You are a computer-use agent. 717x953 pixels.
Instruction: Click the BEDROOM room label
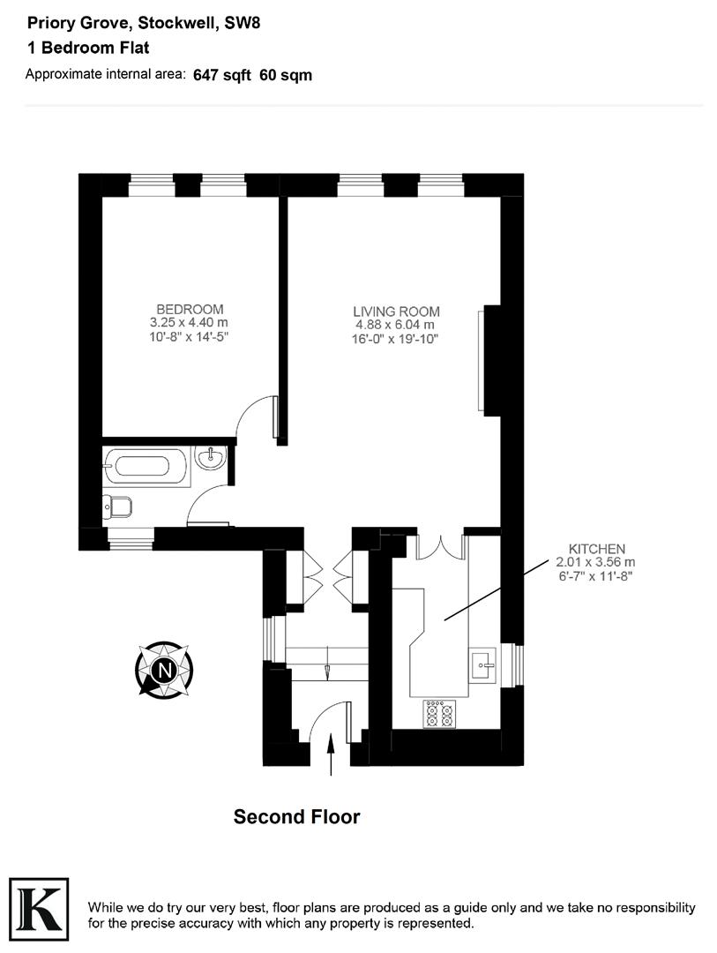click(190, 309)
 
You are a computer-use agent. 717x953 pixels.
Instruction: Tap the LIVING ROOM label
click(396, 311)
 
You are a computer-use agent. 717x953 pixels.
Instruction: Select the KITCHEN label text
click(597, 548)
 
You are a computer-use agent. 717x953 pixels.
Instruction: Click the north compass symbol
click(164, 671)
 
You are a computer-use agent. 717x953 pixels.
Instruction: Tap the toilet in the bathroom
click(117, 507)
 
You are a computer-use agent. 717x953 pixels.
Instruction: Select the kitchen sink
click(484, 664)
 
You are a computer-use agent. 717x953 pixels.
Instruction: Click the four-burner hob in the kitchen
click(439, 713)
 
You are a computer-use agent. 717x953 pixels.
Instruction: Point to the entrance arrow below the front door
click(332, 757)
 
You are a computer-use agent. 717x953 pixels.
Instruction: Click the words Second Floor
click(296, 817)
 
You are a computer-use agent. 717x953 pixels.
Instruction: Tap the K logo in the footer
click(38, 905)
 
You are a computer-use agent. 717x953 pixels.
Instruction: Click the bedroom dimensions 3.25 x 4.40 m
click(190, 323)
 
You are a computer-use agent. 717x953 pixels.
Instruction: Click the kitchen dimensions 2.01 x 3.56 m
click(595, 562)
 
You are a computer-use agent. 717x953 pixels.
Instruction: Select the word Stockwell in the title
click(176, 24)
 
